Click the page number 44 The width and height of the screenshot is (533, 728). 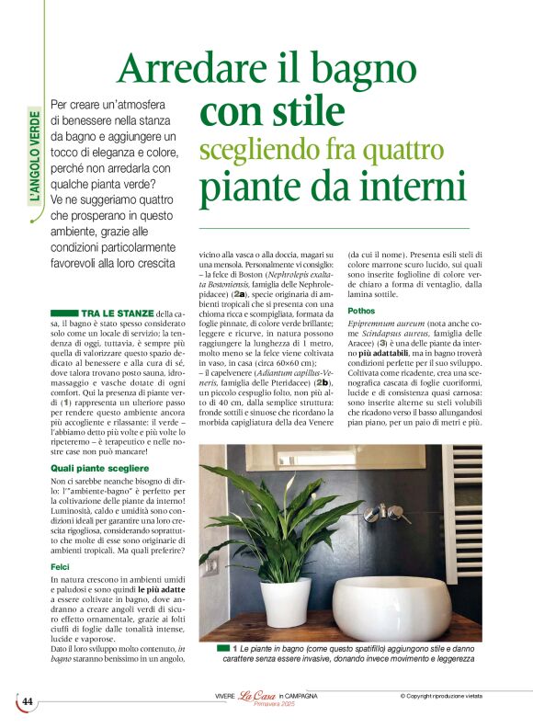tap(28, 701)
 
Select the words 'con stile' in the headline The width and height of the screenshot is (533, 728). tap(272, 111)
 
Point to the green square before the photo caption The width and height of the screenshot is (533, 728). tap(223, 650)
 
